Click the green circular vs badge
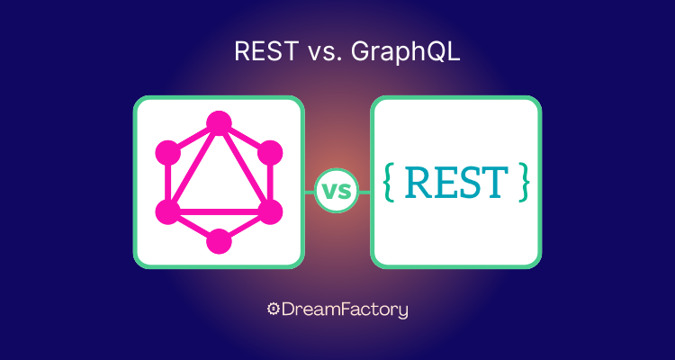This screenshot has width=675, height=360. click(x=337, y=191)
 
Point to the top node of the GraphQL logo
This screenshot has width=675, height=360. click(x=219, y=123)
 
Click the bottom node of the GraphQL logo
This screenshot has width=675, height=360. click(x=219, y=240)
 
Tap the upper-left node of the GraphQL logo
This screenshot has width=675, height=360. click(x=168, y=152)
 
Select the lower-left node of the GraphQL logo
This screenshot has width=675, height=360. click(x=168, y=211)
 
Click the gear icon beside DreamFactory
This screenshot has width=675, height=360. click(x=274, y=310)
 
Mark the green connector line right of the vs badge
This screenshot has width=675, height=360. click(x=364, y=191)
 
